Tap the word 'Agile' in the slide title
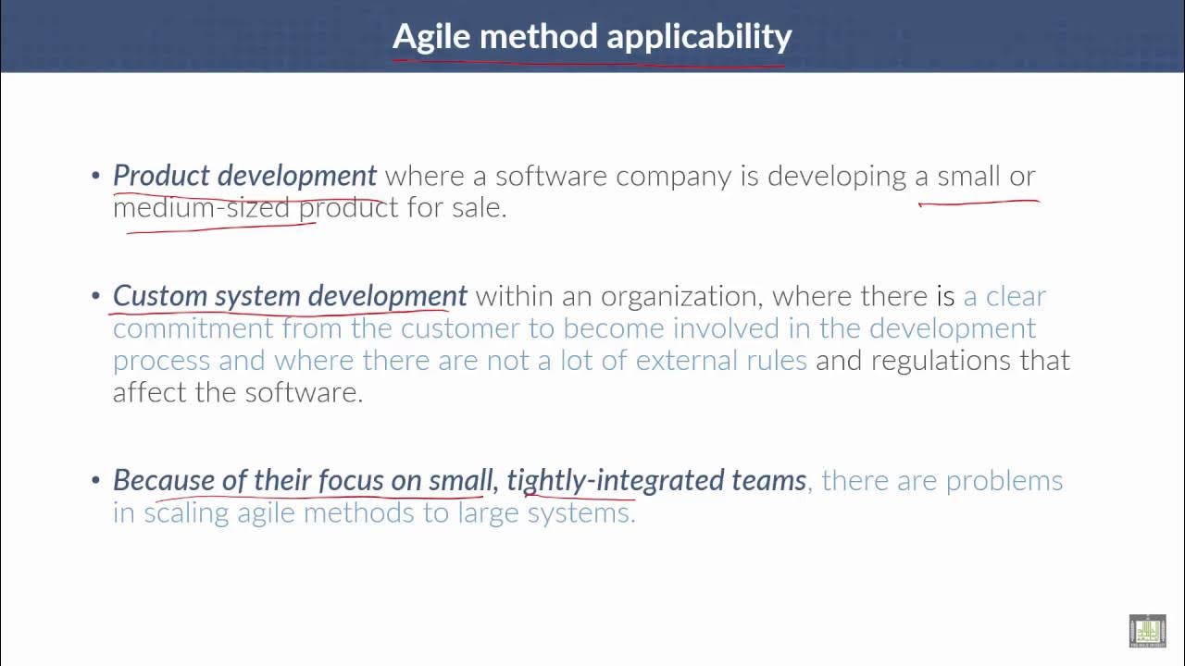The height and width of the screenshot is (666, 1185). click(x=431, y=37)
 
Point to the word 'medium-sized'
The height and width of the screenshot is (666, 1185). click(x=202, y=206)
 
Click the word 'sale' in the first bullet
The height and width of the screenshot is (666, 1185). click(x=476, y=206)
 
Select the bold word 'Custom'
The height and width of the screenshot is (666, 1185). click(x=160, y=296)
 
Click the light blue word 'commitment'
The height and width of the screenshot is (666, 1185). click(x=193, y=328)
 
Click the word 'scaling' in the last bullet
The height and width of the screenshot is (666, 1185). click(x=186, y=512)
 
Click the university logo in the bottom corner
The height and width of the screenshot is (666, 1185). click(x=1147, y=631)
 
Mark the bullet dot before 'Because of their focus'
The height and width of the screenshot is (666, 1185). click(x=95, y=480)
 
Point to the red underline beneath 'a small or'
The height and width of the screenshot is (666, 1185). click(x=978, y=201)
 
